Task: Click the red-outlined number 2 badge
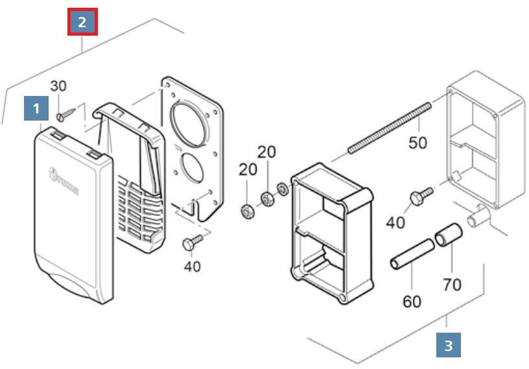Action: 82,22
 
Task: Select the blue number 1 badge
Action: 36,108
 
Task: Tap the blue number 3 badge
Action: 448,344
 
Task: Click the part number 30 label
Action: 58,86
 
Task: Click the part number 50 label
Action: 418,142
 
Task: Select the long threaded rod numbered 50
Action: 390,127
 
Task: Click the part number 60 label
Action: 412,301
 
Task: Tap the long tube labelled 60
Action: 411,255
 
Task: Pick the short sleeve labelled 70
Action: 447,235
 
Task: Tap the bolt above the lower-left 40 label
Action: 193,241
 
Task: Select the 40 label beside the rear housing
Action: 395,222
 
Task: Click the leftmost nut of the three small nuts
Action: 247,211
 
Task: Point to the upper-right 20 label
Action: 266,151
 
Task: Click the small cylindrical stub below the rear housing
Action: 480,215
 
